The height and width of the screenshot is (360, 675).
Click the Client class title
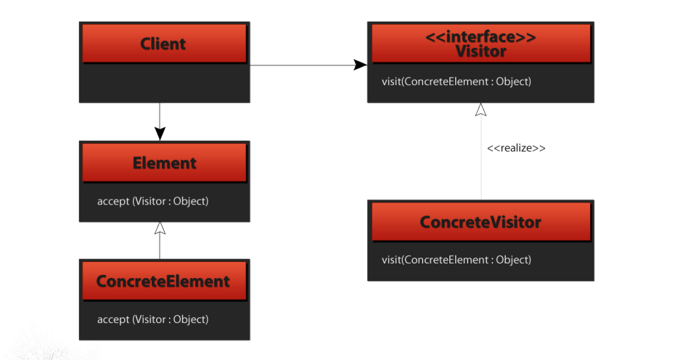point(163,44)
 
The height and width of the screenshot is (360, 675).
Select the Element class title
point(165,163)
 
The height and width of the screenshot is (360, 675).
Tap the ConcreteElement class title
point(163,281)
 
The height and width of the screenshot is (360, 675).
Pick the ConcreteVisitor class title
point(480,222)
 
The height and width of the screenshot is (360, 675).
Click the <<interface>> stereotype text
point(480,37)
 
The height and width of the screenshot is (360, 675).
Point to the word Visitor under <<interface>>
point(481,52)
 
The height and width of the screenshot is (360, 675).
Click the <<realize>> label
point(516,148)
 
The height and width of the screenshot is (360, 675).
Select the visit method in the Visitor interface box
point(457,81)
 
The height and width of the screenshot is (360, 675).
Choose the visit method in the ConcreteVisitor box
point(457,260)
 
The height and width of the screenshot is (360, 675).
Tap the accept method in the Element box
point(153,201)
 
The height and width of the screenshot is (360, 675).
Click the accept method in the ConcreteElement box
point(153,319)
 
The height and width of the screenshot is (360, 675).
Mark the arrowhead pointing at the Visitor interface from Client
point(360,65)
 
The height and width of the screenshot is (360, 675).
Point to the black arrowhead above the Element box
point(160,134)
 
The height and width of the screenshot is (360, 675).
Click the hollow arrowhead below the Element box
point(160,228)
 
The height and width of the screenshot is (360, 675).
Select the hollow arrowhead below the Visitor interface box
point(481,110)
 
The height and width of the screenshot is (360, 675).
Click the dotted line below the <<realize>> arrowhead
point(481,158)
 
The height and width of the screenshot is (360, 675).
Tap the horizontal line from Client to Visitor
point(302,65)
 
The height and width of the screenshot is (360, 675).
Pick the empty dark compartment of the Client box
point(165,83)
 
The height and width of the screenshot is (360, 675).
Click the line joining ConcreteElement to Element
point(160,247)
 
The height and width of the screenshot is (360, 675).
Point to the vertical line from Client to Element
point(160,115)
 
